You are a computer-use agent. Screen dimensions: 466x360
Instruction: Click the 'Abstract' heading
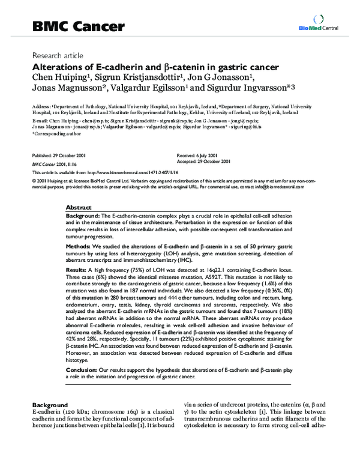[78, 205]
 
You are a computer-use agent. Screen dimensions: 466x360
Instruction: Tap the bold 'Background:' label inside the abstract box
[83, 215]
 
